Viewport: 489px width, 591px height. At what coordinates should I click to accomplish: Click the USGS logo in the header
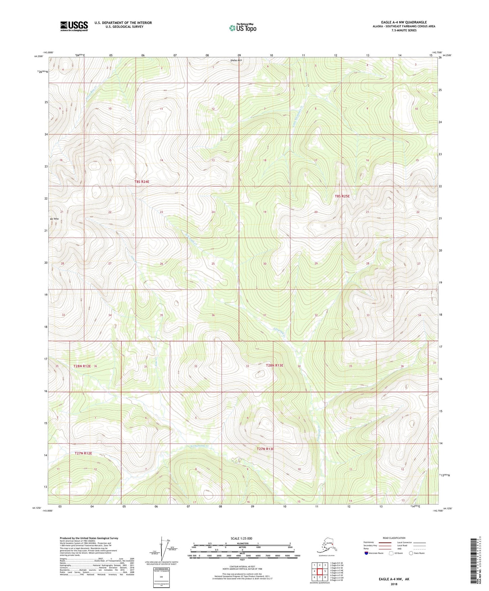[x=74, y=26]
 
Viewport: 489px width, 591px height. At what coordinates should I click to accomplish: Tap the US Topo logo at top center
[x=242, y=28]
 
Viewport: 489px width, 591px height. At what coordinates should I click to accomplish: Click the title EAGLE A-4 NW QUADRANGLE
[x=404, y=22]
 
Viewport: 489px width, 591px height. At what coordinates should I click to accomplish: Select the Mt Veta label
[x=54, y=219]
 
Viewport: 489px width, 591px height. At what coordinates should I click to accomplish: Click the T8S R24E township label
[x=142, y=182]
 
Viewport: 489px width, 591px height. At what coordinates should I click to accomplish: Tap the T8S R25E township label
[x=342, y=196]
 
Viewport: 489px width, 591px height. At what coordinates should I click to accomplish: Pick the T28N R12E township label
[x=82, y=366]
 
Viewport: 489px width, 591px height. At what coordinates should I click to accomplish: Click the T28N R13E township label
[x=274, y=365]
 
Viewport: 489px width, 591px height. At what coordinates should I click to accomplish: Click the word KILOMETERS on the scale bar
[x=241, y=543]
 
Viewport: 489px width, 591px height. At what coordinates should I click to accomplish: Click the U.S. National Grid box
[x=161, y=578]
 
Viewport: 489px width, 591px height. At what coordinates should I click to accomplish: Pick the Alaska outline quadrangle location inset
[x=326, y=547]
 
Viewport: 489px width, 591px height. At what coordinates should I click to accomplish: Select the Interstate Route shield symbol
[x=366, y=553]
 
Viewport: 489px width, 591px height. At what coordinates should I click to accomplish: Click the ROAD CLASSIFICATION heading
[x=394, y=538]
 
